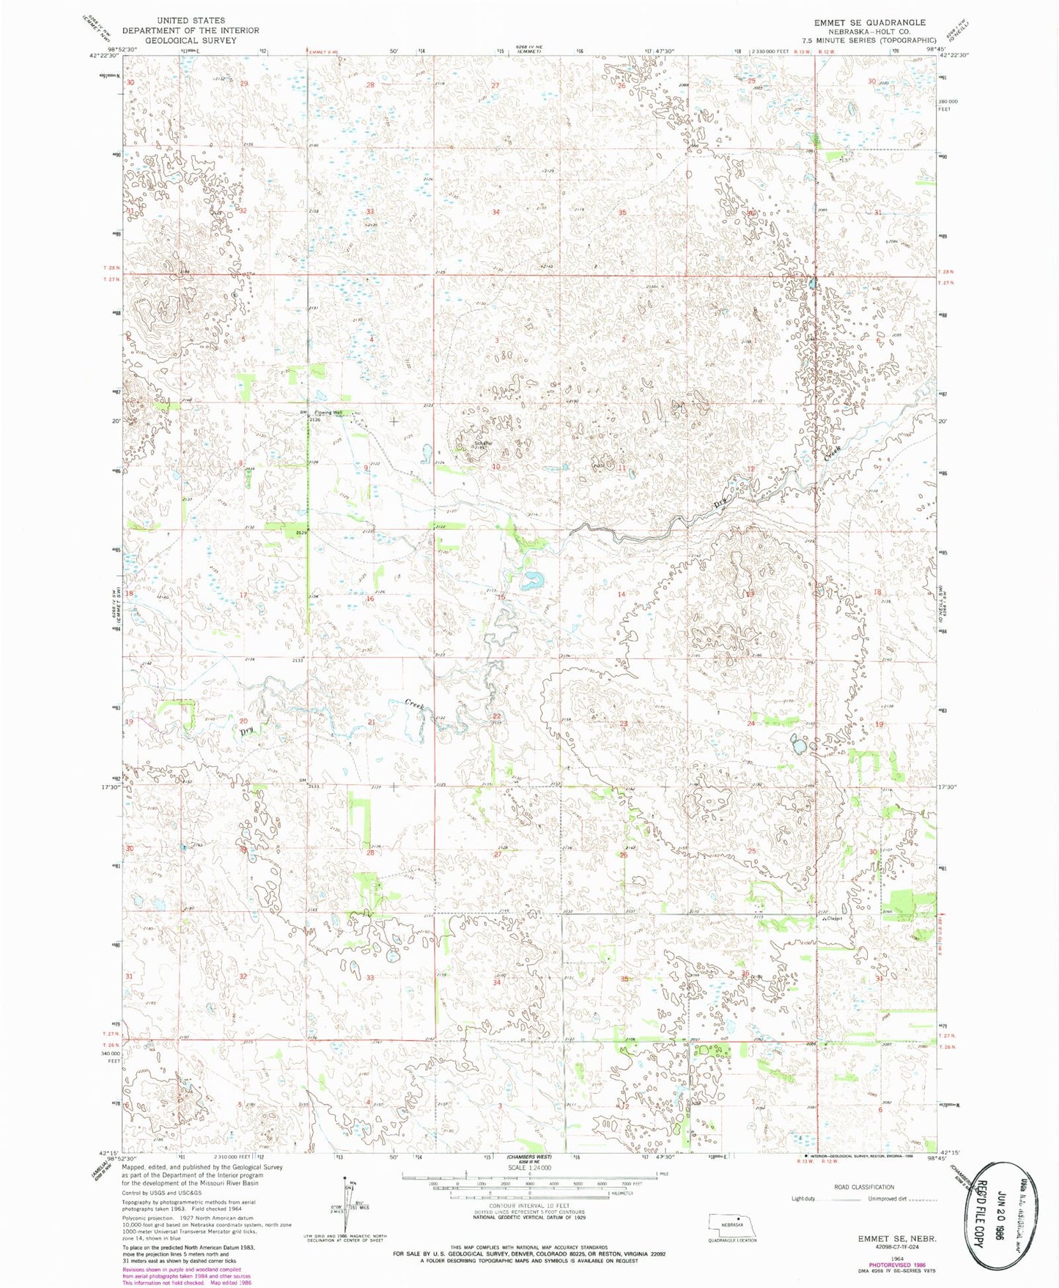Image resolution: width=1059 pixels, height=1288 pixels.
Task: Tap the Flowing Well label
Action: pyautogui.click(x=328, y=413)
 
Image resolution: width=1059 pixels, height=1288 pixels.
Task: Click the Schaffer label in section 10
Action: pyautogui.click(x=483, y=443)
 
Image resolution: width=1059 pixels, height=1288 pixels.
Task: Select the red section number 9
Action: pyautogui.click(x=366, y=468)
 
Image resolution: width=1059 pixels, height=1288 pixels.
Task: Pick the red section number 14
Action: pyautogui.click(x=621, y=594)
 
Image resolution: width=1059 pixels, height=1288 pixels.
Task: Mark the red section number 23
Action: pyautogui.click(x=624, y=724)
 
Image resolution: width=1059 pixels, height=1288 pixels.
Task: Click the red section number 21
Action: pyautogui.click(x=372, y=723)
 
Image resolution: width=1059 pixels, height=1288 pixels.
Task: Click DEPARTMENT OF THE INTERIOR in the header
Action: pyautogui.click(x=190, y=30)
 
